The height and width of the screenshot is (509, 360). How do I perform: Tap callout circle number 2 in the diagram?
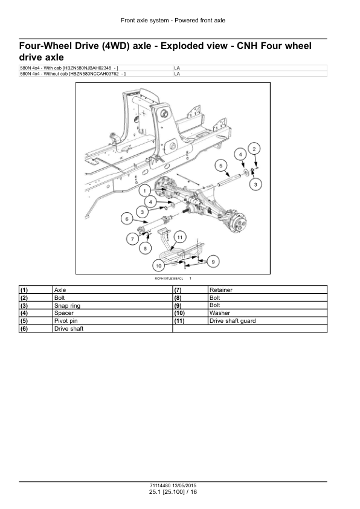[x=255, y=149]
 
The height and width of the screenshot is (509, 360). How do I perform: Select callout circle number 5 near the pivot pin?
[x=222, y=166]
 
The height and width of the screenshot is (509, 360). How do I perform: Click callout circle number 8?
[x=145, y=247]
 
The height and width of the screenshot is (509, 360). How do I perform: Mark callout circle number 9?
[x=213, y=261]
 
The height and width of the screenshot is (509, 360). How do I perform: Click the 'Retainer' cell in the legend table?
[x=220, y=290]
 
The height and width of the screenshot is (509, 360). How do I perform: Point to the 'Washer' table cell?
[x=219, y=313]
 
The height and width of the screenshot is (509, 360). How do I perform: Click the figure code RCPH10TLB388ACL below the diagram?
[x=169, y=278]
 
